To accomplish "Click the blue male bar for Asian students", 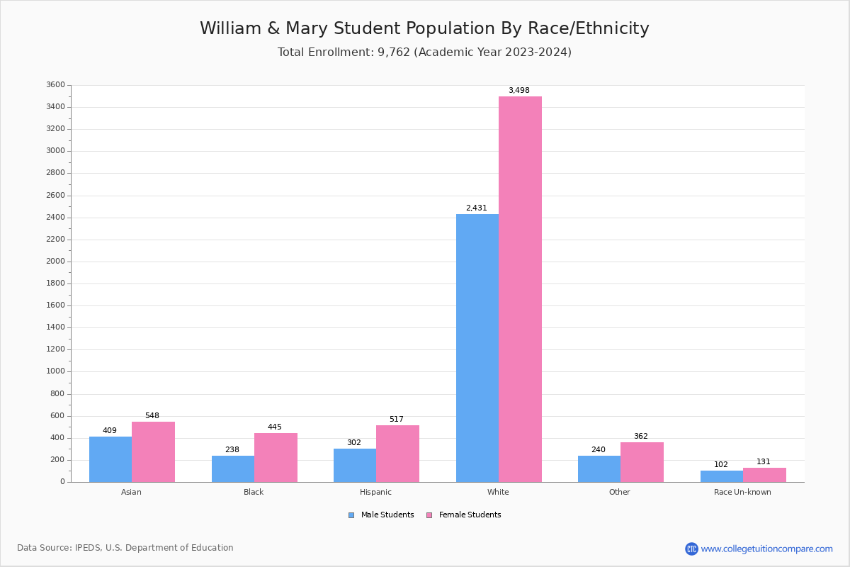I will pyautogui.click(x=110, y=459).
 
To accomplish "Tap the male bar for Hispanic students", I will pyautogui.click(x=355, y=465).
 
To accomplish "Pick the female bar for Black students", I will pyautogui.click(x=276, y=457).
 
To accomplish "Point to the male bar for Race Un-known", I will pyautogui.click(x=721, y=476).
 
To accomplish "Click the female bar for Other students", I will pyautogui.click(x=642, y=462).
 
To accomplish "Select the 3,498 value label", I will pyautogui.click(x=518, y=90).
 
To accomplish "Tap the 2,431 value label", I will pyautogui.click(x=476, y=208).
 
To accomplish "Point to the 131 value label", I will pyautogui.click(x=763, y=461).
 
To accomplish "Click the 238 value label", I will pyautogui.click(x=232, y=449).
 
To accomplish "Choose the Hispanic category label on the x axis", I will pyautogui.click(x=375, y=492).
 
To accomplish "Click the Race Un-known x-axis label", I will pyautogui.click(x=742, y=492).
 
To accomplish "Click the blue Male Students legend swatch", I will pyautogui.click(x=351, y=515).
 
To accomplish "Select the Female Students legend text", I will pyautogui.click(x=470, y=515).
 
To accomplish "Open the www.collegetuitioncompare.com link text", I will pyautogui.click(x=766, y=549).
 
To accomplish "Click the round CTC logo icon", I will pyautogui.click(x=691, y=549).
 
